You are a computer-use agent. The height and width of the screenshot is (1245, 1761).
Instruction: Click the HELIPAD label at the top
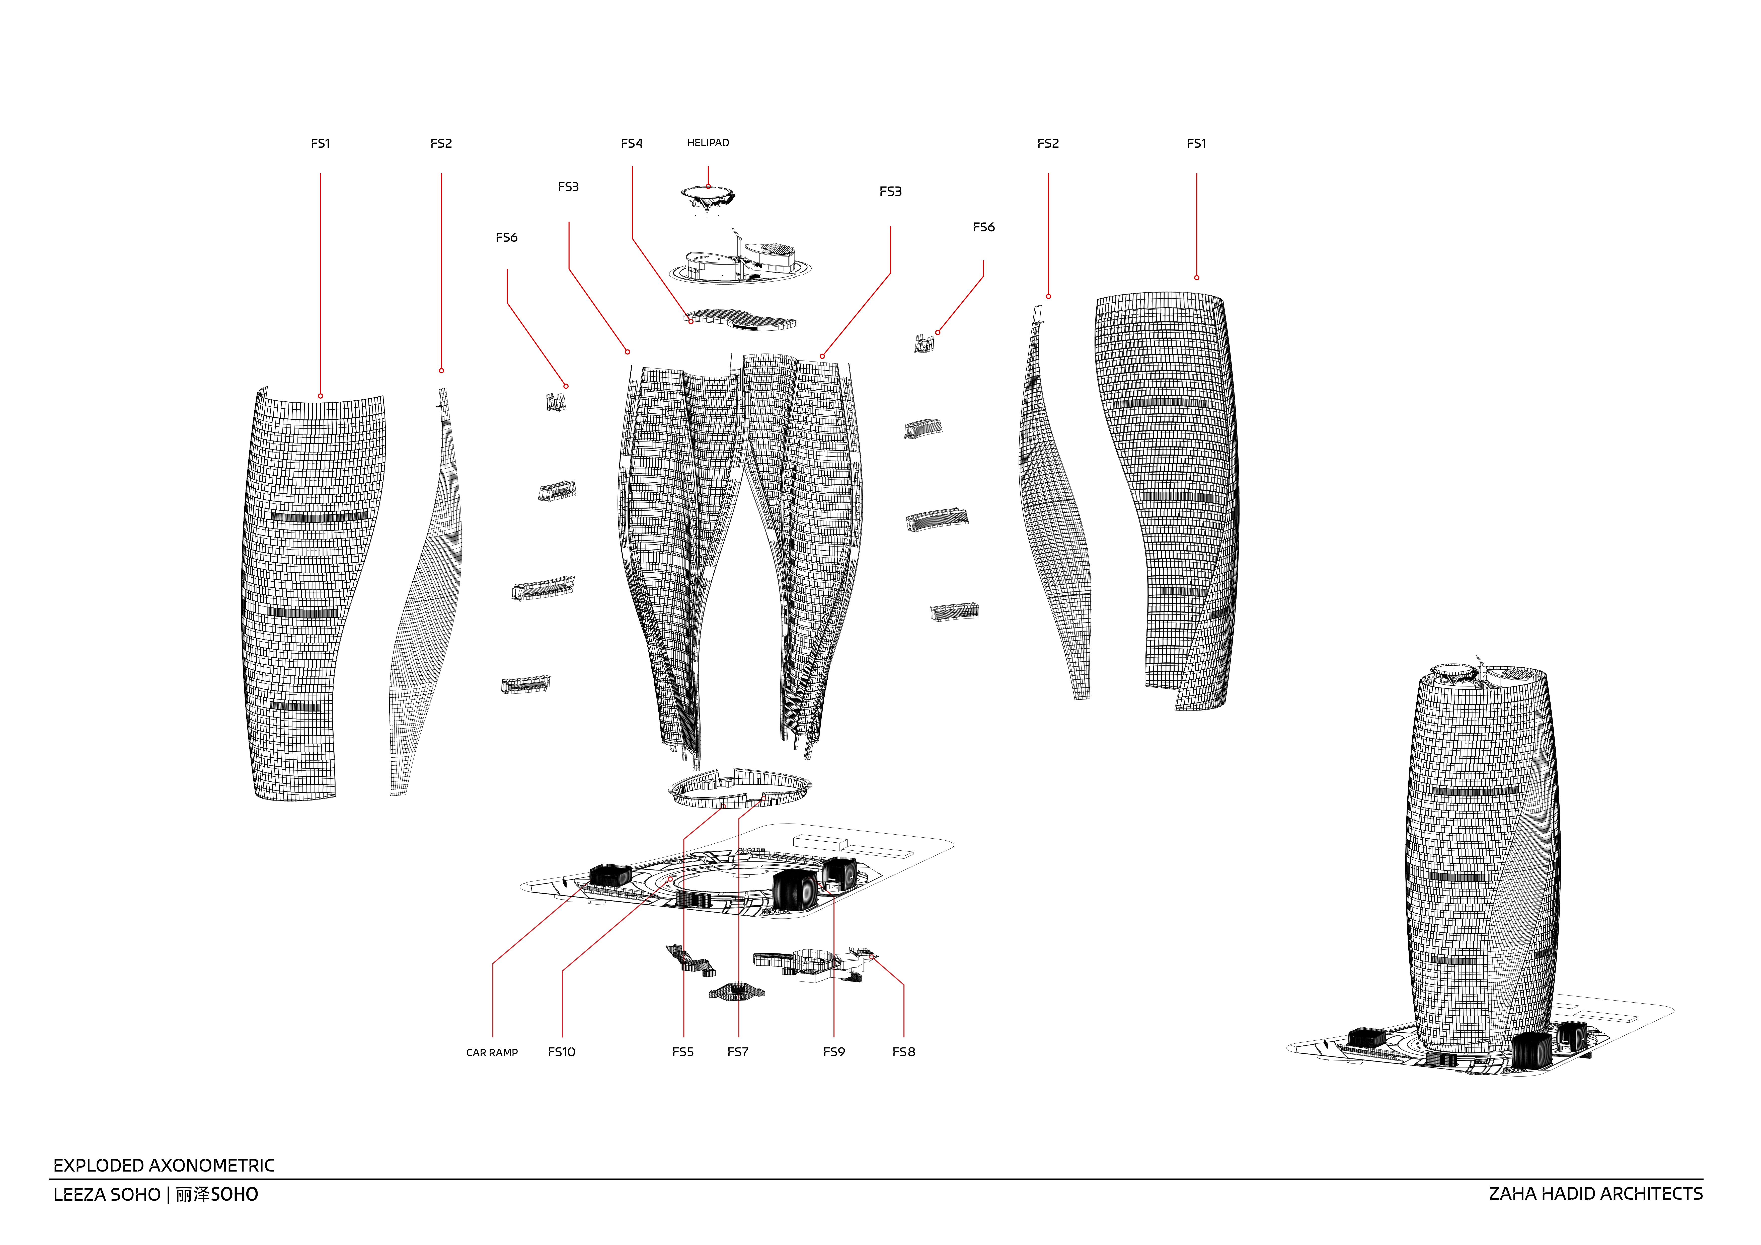[708, 143]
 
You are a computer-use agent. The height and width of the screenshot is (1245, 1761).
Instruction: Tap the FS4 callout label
[632, 143]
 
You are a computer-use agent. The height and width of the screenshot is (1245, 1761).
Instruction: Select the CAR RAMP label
[492, 1052]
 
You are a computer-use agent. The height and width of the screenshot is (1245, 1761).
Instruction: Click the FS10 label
[561, 1052]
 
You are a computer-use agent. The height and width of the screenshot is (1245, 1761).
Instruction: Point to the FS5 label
[683, 1052]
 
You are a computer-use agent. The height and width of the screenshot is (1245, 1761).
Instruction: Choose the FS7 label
[738, 1052]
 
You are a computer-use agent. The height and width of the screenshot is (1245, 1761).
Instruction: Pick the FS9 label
[834, 1052]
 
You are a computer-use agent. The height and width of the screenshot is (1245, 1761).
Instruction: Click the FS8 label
[903, 1052]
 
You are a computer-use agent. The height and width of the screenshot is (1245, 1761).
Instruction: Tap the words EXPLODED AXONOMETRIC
[163, 1166]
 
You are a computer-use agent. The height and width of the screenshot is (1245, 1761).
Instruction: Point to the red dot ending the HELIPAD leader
[708, 186]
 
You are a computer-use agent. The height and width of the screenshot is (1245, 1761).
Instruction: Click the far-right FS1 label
[1196, 143]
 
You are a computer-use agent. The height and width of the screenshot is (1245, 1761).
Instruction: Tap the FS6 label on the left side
[506, 238]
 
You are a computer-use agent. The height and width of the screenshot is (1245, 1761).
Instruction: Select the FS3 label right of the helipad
[890, 192]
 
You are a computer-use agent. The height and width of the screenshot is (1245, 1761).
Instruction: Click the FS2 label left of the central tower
[441, 143]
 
